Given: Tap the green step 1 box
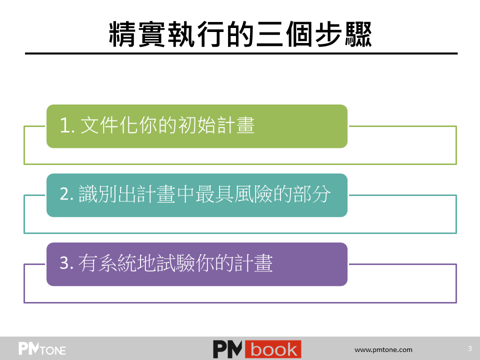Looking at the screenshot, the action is click(197, 126).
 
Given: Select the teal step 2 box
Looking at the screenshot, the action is click(197, 195).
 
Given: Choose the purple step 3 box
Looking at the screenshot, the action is click(197, 264).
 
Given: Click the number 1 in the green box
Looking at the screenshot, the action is click(65, 125).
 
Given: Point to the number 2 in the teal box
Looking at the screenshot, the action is click(65, 194).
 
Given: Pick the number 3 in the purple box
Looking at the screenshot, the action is click(65, 263).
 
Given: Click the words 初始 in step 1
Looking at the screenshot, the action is click(196, 125).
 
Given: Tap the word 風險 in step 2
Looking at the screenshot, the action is click(253, 194).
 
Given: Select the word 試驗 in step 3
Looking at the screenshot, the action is click(175, 263).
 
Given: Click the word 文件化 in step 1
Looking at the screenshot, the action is click(109, 125).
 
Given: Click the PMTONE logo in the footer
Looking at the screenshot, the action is click(42, 348).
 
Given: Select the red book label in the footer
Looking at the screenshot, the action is click(273, 349).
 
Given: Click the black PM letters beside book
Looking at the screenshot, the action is click(227, 349).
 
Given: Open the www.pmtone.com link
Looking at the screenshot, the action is click(383, 349).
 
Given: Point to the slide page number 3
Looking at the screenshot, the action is click(470, 348).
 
